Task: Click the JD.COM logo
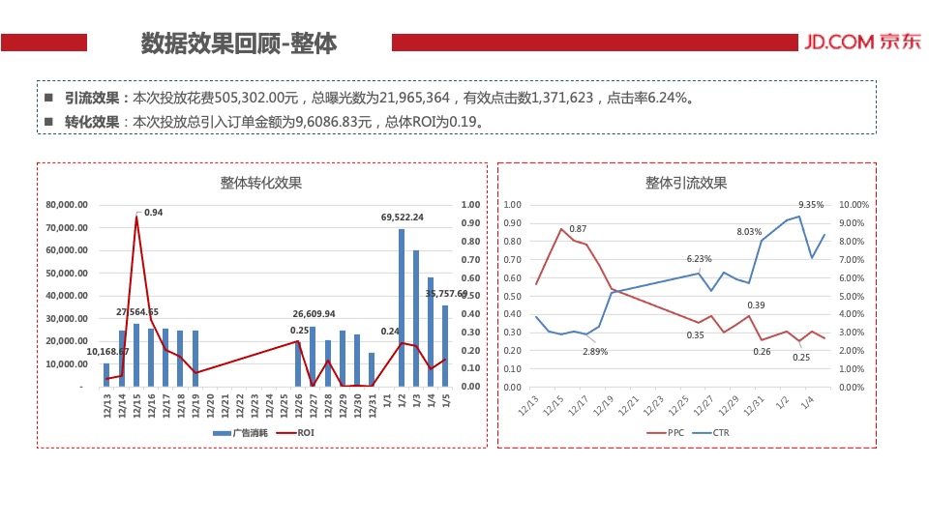coord(852,43)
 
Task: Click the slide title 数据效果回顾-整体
coord(239,43)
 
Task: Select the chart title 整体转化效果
coord(261,183)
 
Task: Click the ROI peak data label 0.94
coord(153,212)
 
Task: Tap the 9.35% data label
coord(811,204)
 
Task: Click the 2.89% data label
coord(595,351)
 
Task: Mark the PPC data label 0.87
coord(577,229)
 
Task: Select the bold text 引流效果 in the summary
coord(92,98)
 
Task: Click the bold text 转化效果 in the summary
coord(92,122)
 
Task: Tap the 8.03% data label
coord(750,232)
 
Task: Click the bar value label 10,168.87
coord(108,352)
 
